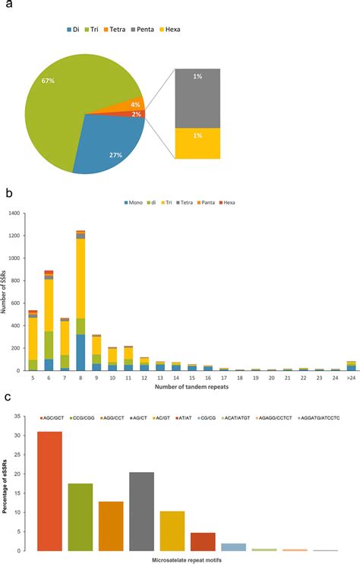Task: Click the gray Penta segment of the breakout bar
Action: (197, 98)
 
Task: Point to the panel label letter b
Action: (9, 192)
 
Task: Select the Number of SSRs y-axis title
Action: (5, 292)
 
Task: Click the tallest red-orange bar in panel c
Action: (50, 491)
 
